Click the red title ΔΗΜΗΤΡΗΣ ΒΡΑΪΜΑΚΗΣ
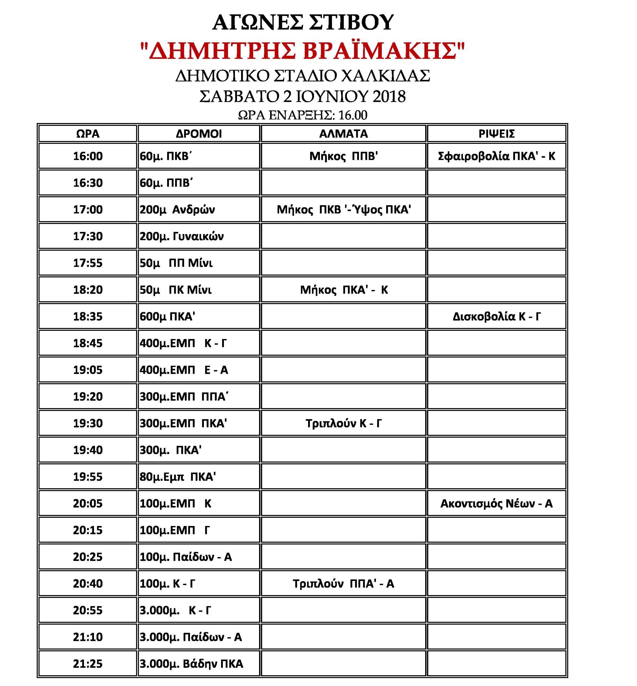tap(303, 50)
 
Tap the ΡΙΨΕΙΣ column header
tap(496, 133)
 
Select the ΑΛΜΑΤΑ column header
tap(343, 133)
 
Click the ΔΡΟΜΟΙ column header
tap(199, 133)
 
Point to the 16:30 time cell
tap(88, 183)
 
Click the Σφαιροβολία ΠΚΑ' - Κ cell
tap(496, 156)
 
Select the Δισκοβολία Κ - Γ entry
tap(496, 316)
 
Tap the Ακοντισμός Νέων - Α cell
tap(496, 504)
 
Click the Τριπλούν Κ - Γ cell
tap(343, 423)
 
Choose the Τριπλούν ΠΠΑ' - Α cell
tap(343, 584)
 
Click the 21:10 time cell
tap(88, 637)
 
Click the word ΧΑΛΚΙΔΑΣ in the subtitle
tap(385, 76)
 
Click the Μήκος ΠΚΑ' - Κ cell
tap(344, 290)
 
